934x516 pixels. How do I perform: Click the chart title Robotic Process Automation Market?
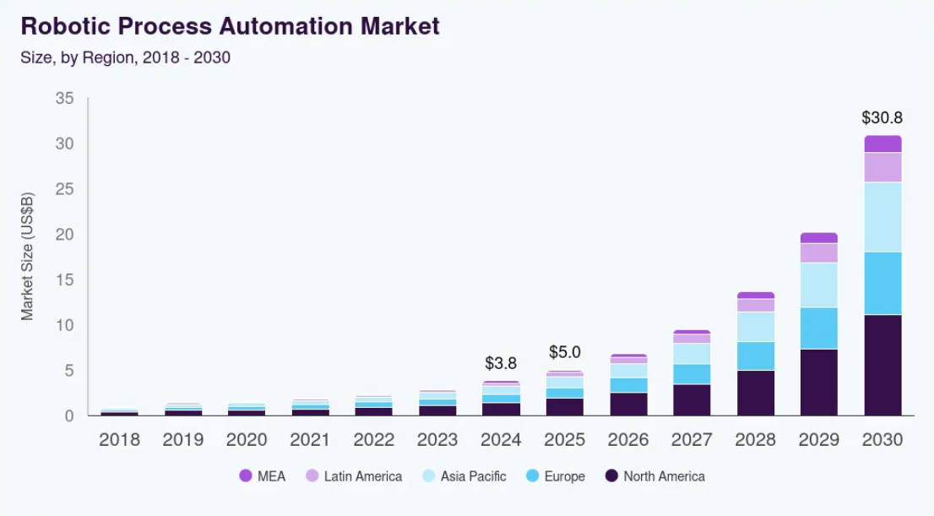230,26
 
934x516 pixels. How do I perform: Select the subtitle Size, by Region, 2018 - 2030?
125,58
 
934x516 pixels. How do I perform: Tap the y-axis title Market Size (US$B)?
27,257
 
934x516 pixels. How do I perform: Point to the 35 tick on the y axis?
65,99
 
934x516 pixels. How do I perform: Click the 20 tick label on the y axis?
65,235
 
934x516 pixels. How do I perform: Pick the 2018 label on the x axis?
119,440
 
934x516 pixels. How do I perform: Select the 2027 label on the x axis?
692,440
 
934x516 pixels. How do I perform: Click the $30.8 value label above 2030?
882,117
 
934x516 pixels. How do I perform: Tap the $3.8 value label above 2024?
501,363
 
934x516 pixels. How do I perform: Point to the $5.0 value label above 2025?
565,352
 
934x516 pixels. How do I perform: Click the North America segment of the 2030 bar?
882,365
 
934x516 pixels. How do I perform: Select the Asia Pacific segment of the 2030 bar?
882,217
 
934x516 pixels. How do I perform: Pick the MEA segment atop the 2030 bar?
882,144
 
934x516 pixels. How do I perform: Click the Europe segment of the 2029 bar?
819,328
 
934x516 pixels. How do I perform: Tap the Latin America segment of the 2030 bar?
882,167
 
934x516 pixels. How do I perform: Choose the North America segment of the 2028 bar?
756,393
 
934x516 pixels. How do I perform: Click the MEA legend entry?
263,476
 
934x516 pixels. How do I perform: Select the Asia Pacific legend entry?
464,476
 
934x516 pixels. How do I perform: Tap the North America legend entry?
654,476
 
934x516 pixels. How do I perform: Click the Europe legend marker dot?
532,476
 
